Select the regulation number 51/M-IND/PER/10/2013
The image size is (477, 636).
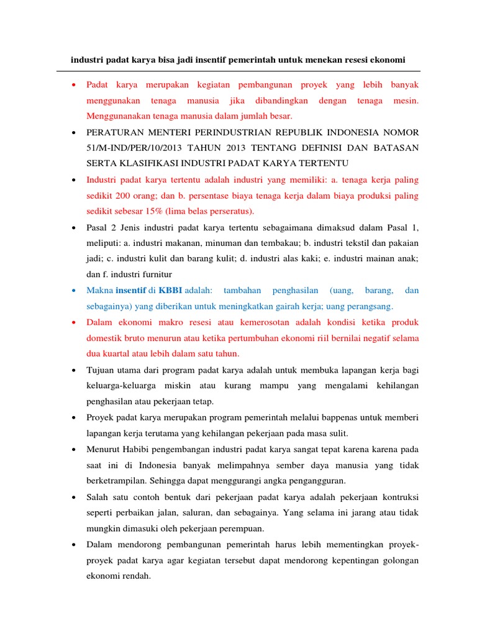[x=130, y=147]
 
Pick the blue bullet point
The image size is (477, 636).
[x=74, y=291]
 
